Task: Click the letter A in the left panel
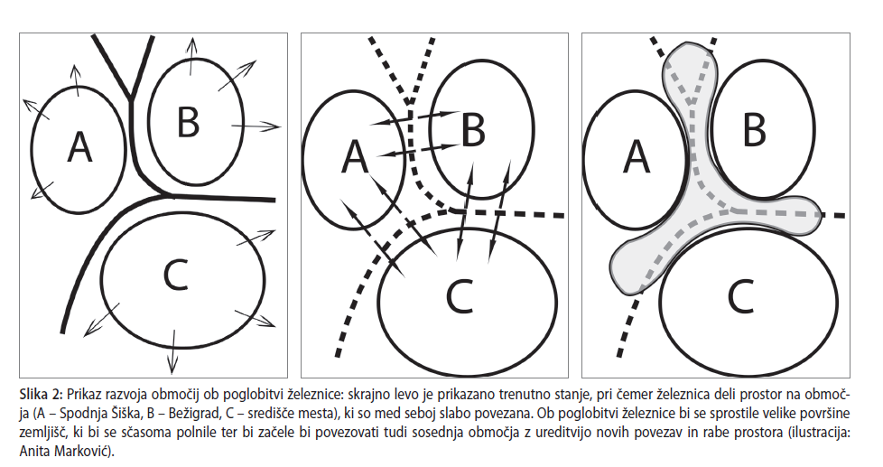point(79,147)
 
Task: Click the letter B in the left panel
point(189,122)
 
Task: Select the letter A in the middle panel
point(356,156)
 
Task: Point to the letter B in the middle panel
point(473,130)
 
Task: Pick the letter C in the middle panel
point(459,295)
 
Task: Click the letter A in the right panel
point(637,156)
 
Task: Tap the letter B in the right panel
point(755,130)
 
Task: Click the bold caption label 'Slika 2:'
point(42,393)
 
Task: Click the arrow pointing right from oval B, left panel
point(256,126)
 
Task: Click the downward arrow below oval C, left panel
point(172,351)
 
